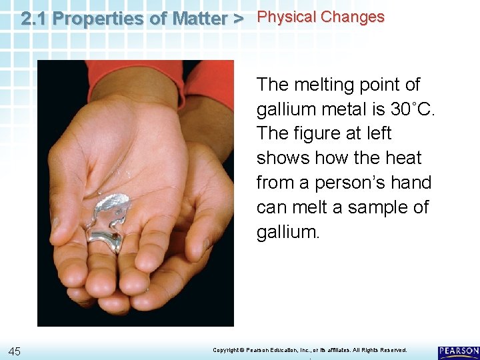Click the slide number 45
[15, 351]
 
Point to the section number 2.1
[33, 19]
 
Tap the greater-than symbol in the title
[237, 19]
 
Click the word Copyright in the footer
[226, 350]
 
